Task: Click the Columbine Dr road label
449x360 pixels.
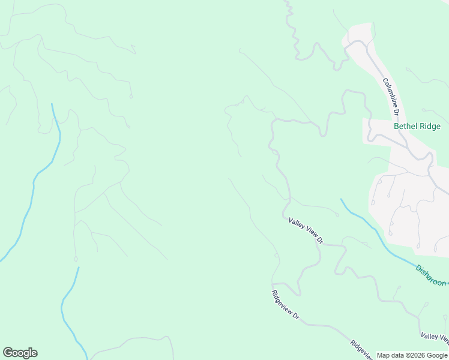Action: click(391, 96)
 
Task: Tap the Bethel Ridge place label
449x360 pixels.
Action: click(417, 127)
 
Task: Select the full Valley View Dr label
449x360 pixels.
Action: click(306, 231)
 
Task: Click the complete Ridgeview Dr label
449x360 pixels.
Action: click(285, 305)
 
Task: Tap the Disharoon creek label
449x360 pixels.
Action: click(431, 275)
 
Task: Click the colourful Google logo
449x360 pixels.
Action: click(20, 353)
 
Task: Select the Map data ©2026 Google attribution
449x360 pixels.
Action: click(412, 355)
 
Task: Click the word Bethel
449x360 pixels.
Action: click(405, 127)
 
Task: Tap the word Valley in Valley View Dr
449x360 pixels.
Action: click(297, 224)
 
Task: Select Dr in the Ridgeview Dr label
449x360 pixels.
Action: click(295, 316)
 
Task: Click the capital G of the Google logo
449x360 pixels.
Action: click(8, 353)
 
